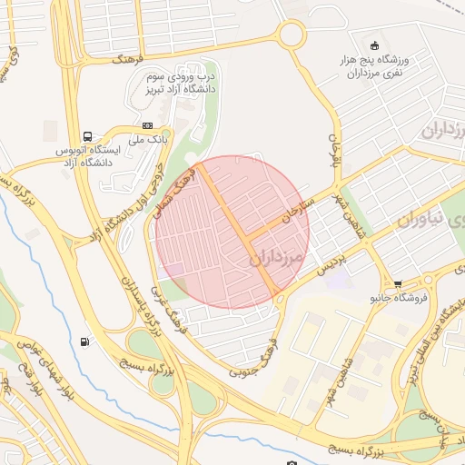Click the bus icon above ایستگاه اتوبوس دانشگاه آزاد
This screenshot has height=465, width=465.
(87, 134)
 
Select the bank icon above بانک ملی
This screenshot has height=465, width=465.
(147, 125)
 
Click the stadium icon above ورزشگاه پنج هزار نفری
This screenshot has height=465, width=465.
(373, 45)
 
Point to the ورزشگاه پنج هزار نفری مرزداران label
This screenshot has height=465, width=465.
(373, 65)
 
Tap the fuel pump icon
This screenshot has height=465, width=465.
(85, 342)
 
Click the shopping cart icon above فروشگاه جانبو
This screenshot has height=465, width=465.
(397, 283)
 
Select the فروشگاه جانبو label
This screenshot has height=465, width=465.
(397, 297)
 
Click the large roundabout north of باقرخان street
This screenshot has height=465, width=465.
(292, 35)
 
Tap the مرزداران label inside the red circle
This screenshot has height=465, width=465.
(273, 259)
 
